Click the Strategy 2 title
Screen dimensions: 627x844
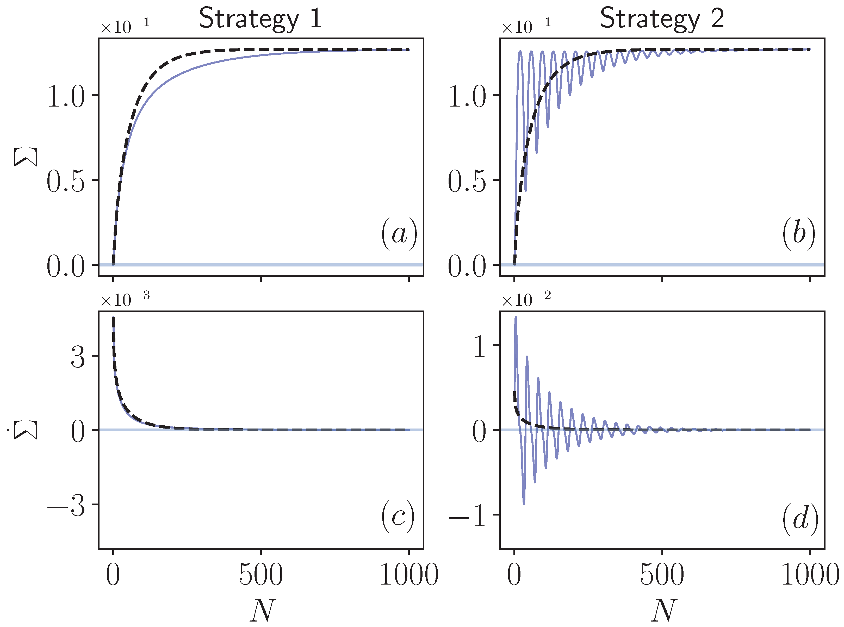[662, 18]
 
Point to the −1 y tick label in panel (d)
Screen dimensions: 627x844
[468, 516]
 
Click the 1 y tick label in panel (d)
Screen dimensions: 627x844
[480, 346]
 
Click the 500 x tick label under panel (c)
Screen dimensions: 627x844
[261, 575]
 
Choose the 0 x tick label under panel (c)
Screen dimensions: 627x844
[113, 575]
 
